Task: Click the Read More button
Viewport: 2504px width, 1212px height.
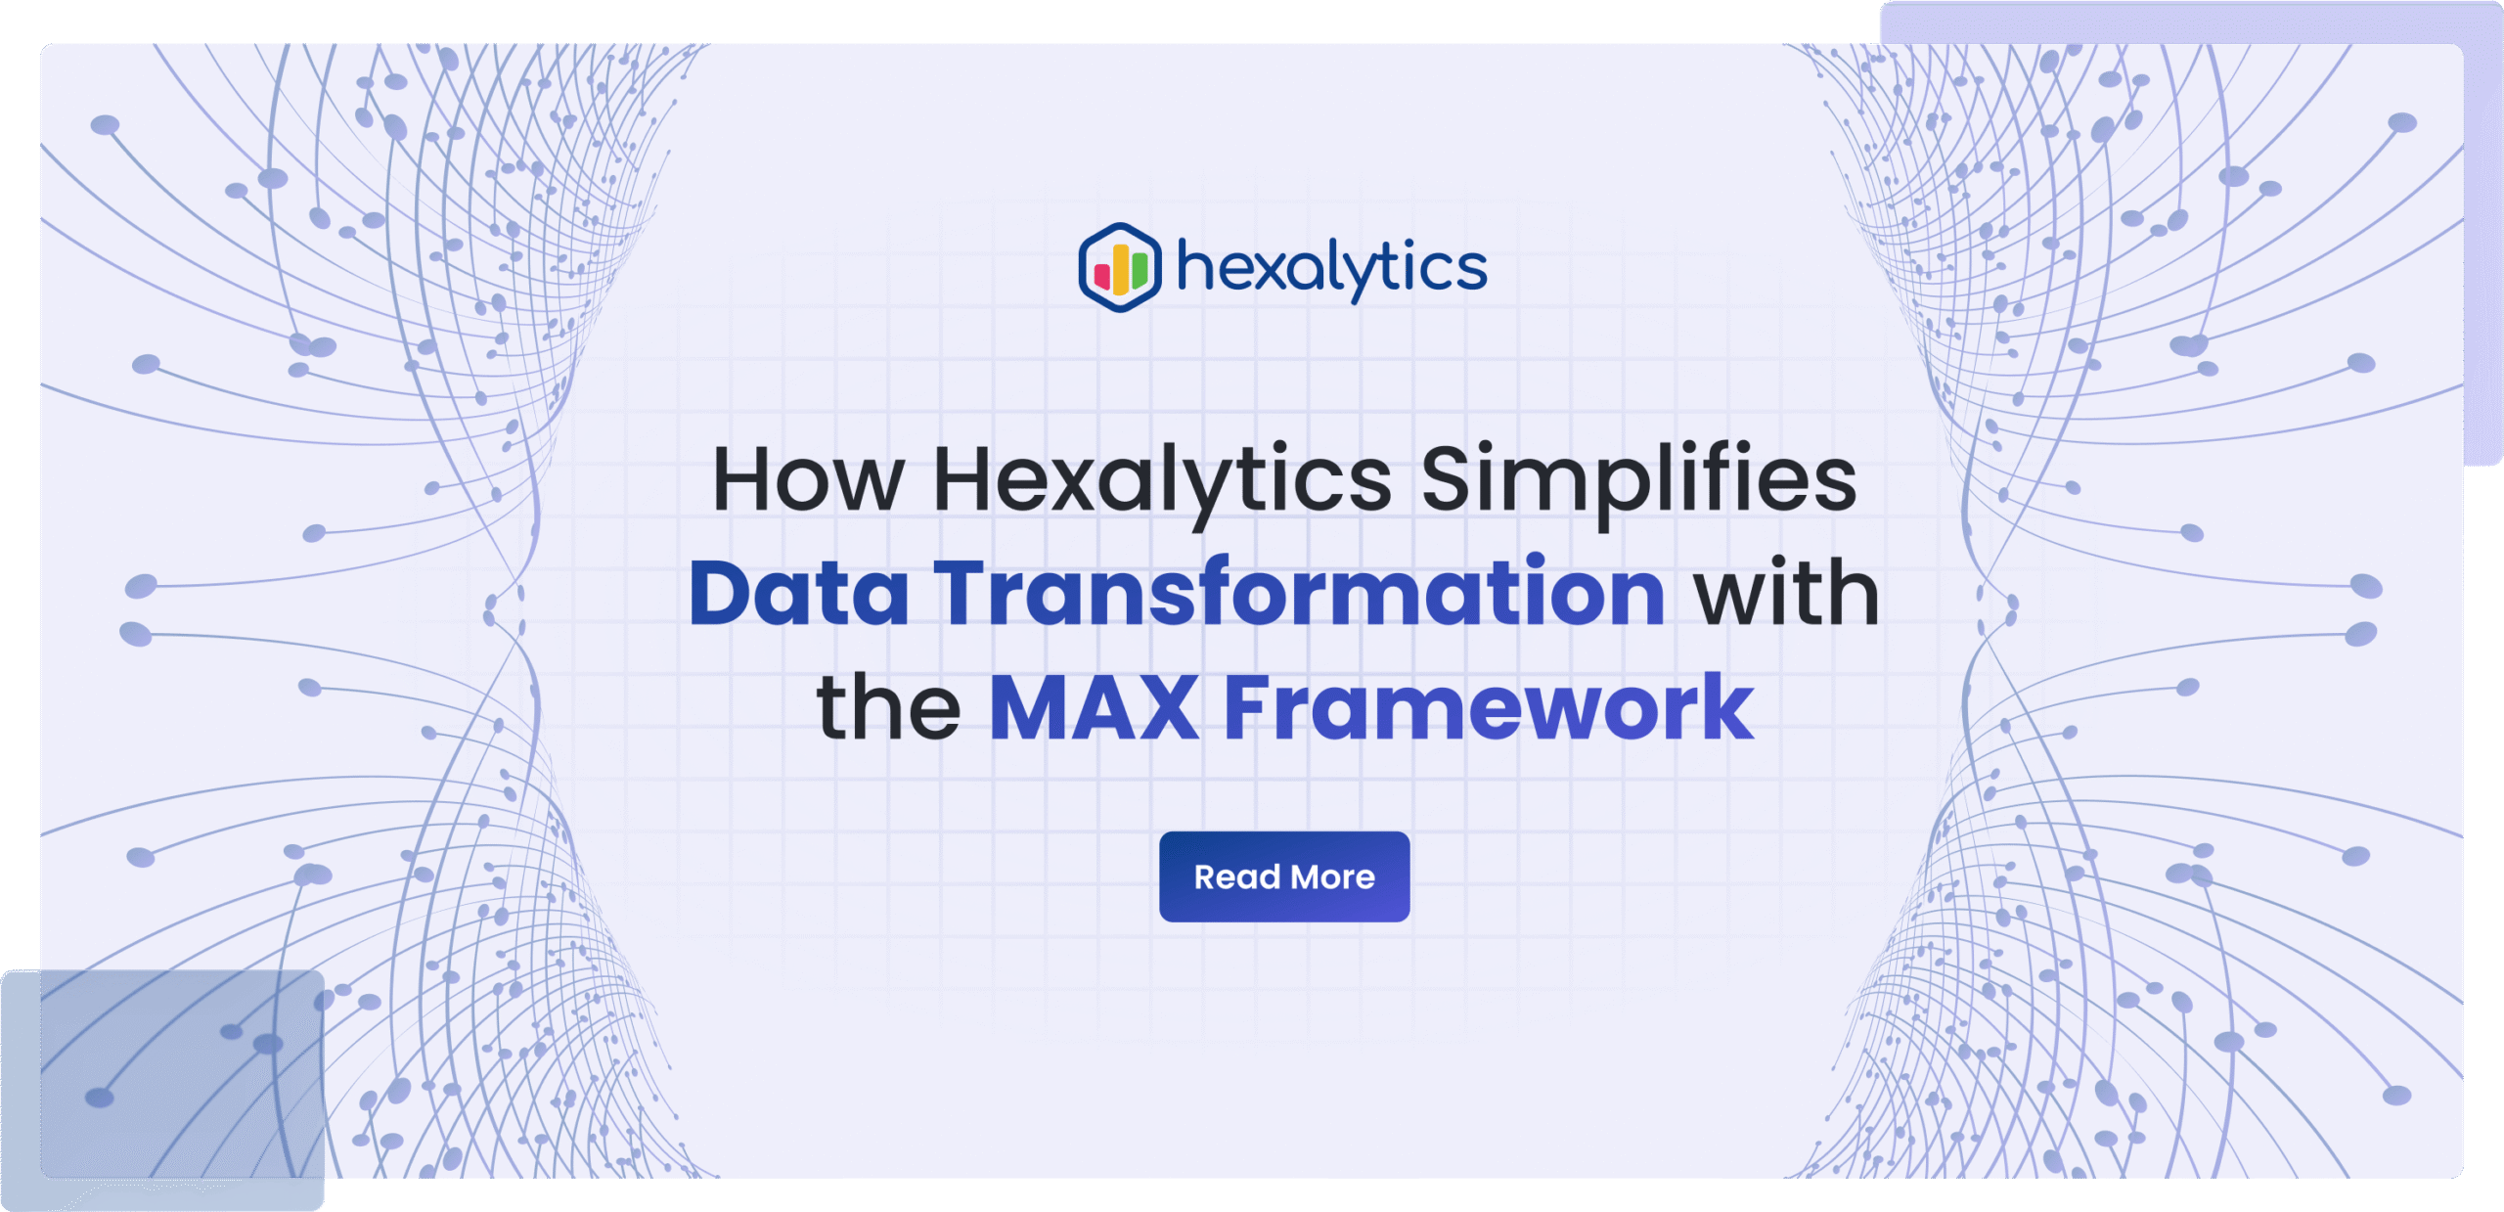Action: pyautogui.click(x=1284, y=876)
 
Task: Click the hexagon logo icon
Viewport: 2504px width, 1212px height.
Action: pyautogui.click(x=1120, y=267)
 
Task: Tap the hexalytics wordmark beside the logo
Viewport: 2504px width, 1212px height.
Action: pyautogui.click(x=1331, y=268)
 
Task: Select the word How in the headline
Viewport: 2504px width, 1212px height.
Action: pyautogui.click(x=808, y=479)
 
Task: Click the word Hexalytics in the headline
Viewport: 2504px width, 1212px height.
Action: pyautogui.click(x=1162, y=483)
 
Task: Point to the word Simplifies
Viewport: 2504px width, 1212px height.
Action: pyautogui.click(x=1638, y=483)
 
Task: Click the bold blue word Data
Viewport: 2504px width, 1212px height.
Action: pyautogui.click(x=799, y=593)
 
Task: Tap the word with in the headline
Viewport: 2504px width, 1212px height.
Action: pyautogui.click(x=1787, y=591)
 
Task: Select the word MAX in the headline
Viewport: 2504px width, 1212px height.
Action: pyautogui.click(x=1095, y=707)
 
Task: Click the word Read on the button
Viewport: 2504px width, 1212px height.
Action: pyautogui.click(x=1236, y=877)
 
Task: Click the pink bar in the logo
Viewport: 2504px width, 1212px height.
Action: pyautogui.click(x=1102, y=277)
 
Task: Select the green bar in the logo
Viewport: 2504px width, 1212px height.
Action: pyautogui.click(x=1140, y=272)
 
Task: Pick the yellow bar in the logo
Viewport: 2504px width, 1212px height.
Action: pyautogui.click(x=1121, y=270)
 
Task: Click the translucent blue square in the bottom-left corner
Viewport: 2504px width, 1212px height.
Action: pyautogui.click(x=162, y=1090)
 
